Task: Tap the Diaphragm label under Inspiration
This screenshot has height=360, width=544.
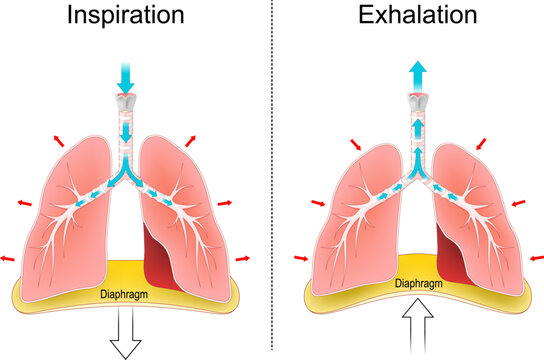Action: coord(125,295)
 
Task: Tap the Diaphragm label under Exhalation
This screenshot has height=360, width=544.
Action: coord(419,283)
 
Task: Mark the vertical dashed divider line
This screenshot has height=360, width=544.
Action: coord(273,180)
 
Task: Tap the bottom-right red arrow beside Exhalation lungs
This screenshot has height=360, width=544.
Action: coord(531,257)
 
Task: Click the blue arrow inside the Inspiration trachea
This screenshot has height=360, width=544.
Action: coord(126,133)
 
